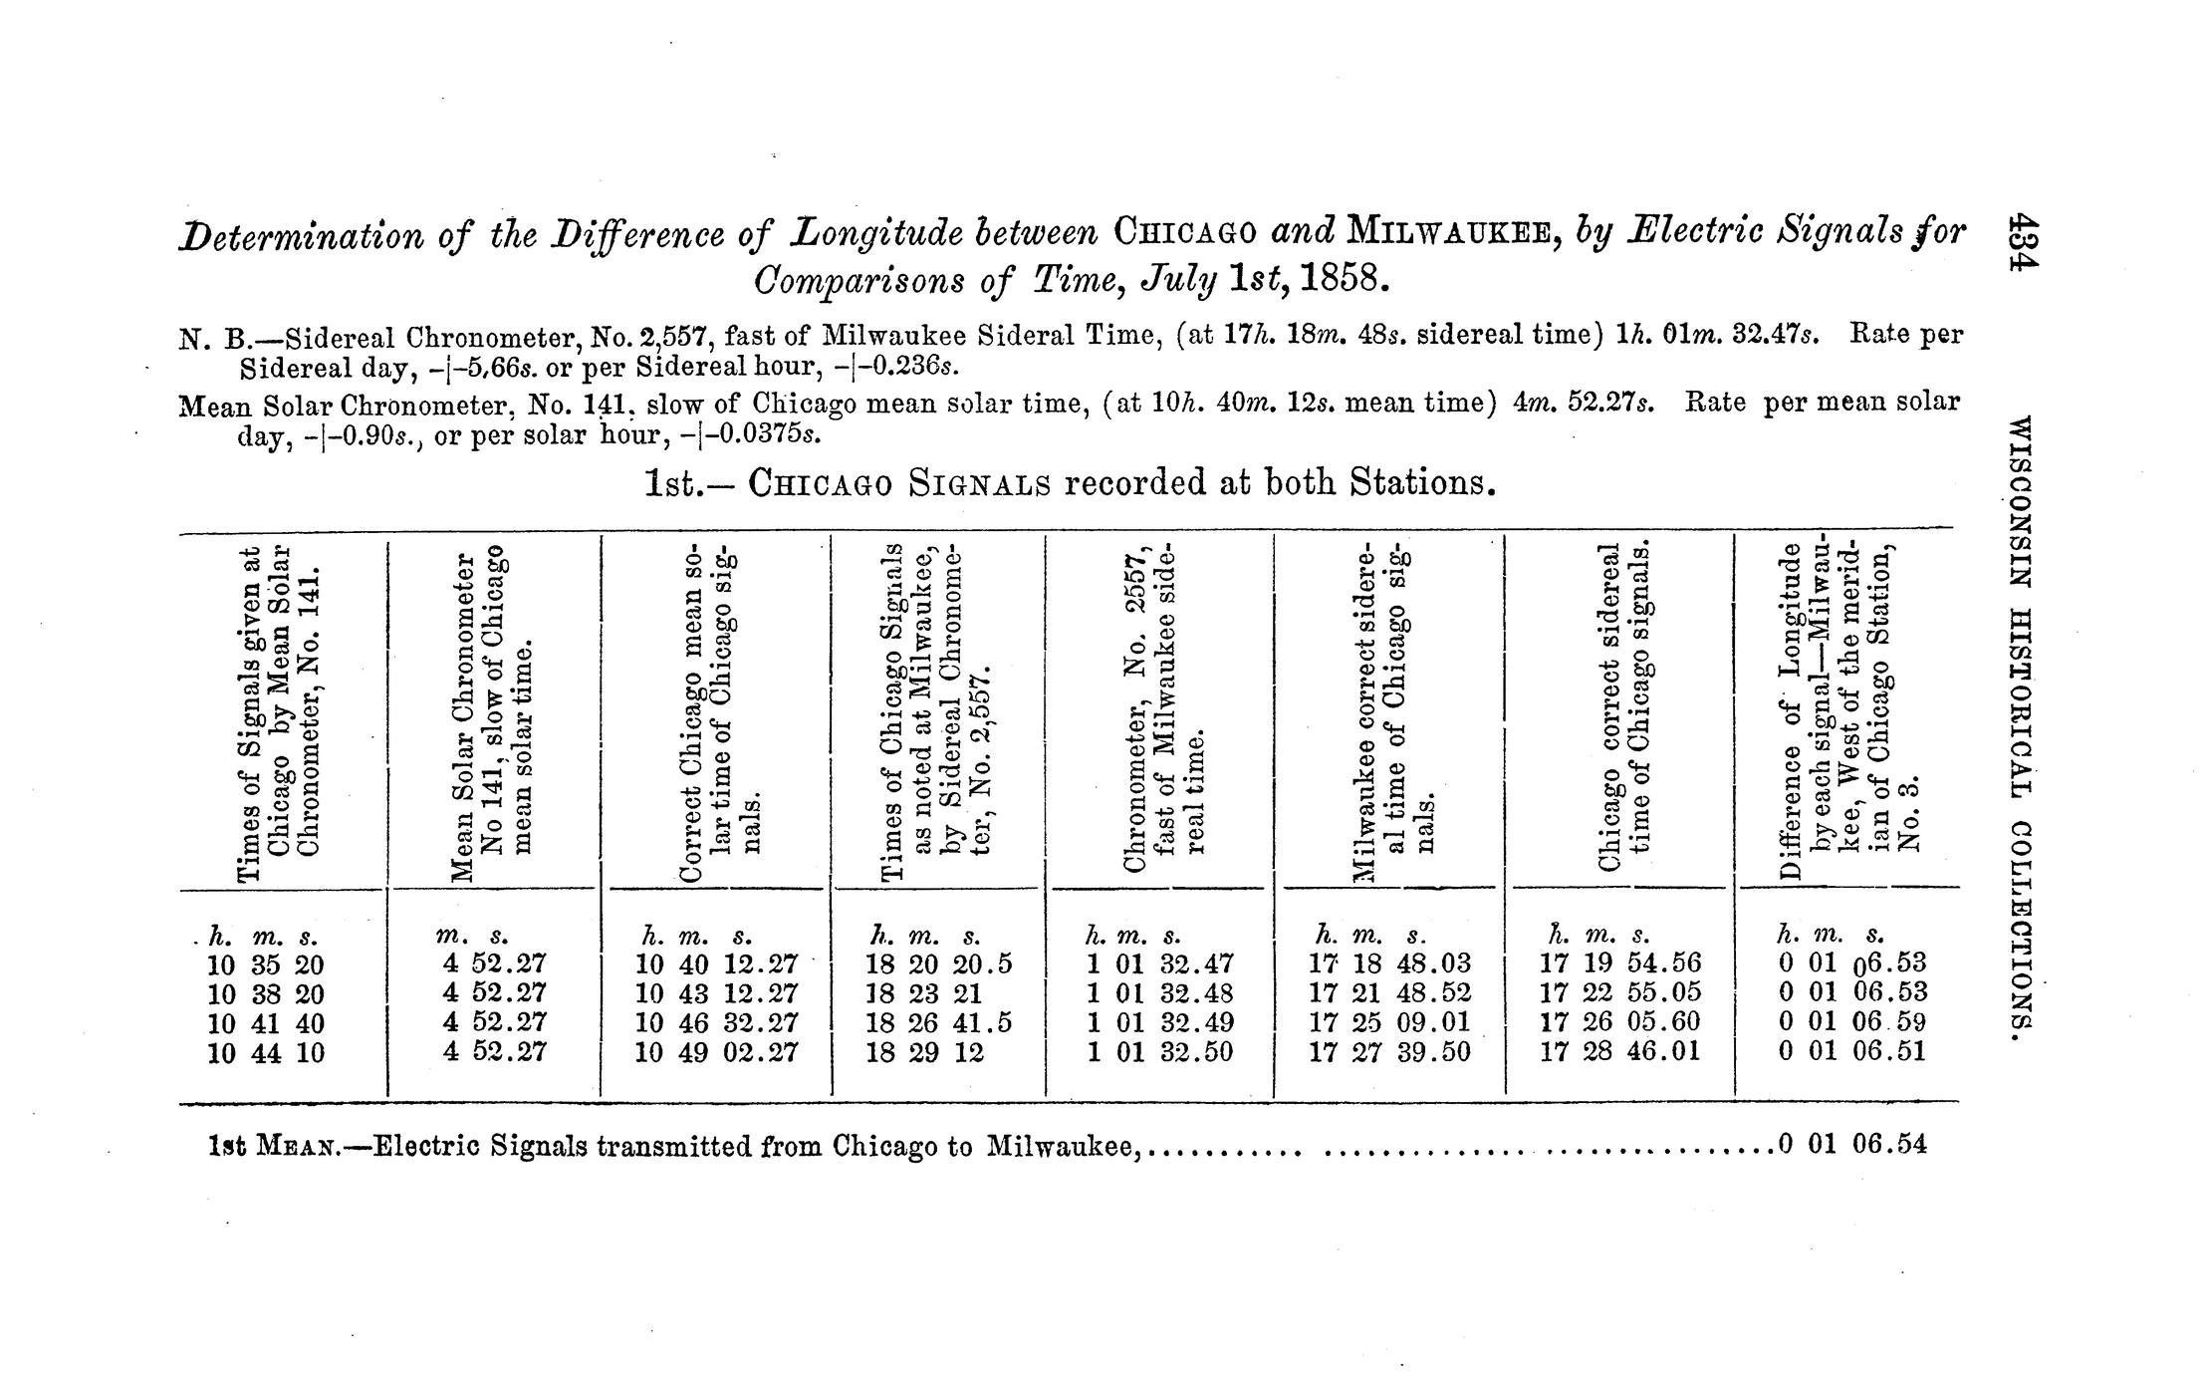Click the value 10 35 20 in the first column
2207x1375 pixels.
pyautogui.click(x=265, y=964)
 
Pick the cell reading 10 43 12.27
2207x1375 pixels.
pyautogui.click(x=716, y=994)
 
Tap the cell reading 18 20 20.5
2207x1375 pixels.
pyautogui.click(x=938, y=963)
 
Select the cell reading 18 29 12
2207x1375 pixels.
pyautogui.click(x=924, y=1053)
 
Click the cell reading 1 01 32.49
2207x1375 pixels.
pyautogui.click(x=1159, y=1023)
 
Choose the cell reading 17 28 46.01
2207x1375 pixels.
pyautogui.click(x=1619, y=1052)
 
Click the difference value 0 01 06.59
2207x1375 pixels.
pyautogui.click(x=1851, y=1022)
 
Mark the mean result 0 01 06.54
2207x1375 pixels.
pyautogui.click(x=1851, y=1145)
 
